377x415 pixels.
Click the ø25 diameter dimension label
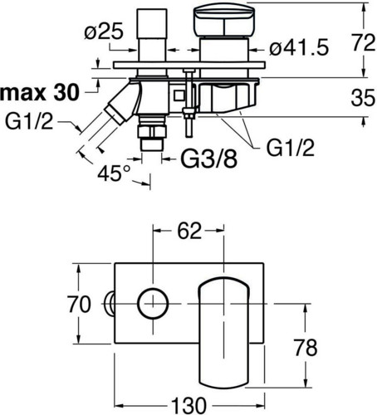pos(104,32)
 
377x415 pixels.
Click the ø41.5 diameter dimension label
pos(299,48)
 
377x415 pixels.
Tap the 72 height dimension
pos(364,43)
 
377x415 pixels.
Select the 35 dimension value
pos(363,98)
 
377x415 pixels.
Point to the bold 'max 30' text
pos(40,93)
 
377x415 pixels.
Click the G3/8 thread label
pos(209,159)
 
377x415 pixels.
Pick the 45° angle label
pos(114,173)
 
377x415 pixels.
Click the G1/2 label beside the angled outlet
pos(29,121)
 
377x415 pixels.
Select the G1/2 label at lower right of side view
pos(291,148)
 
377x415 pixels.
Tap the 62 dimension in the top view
pos(189,231)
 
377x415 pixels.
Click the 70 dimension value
pos(79,304)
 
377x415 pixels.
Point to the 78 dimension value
pos(306,348)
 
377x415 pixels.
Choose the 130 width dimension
pos(188,406)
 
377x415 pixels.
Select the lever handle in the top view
pos(223,331)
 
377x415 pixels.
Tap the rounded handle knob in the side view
pos(224,21)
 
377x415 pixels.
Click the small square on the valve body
pos(179,95)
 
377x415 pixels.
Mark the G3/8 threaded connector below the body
pos(152,134)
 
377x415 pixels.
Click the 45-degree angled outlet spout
pos(122,103)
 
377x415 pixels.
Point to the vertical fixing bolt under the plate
pos(189,103)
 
